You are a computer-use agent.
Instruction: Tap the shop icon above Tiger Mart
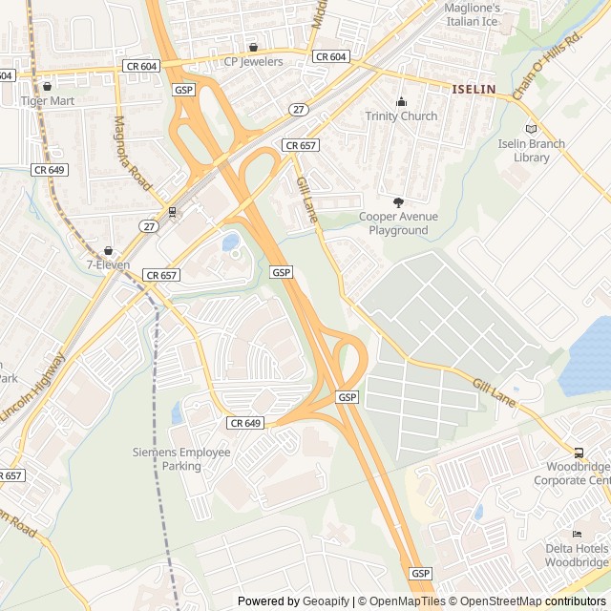[x=46, y=86]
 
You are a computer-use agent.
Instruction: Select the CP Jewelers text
[x=253, y=62]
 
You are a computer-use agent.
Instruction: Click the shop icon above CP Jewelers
[x=253, y=47]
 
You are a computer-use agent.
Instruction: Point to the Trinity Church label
[x=401, y=116]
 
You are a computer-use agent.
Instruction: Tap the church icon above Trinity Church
[x=401, y=102]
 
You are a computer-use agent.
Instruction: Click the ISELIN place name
[x=474, y=89]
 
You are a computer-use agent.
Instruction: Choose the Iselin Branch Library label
[x=532, y=151]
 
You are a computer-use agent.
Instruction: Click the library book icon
[x=532, y=129]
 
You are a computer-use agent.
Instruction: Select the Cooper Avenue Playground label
[x=398, y=223]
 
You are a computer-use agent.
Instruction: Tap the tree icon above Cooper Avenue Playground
[x=398, y=201]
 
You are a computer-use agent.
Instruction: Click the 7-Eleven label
[x=108, y=264]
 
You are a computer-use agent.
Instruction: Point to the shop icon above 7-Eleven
[x=108, y=250]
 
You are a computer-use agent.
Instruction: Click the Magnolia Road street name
[x=134, y=153]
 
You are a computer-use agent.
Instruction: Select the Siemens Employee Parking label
[x=181, y=459]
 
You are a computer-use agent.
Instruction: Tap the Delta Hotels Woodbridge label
[x=577, y=555]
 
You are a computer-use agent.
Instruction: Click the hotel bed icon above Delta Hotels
[x=576, y=534]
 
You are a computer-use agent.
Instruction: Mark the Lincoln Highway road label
[x=34, y=388]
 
